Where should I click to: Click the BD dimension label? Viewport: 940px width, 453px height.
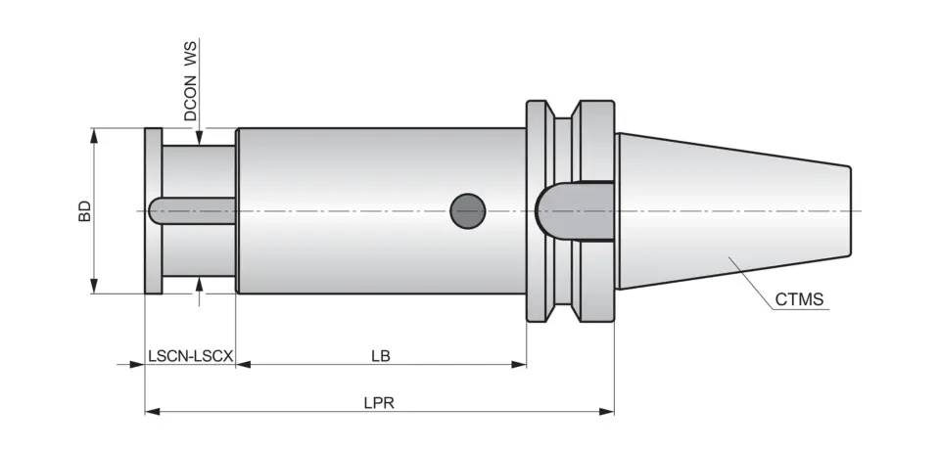pos(85,210)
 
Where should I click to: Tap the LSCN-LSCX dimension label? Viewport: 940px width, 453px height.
pos(190,356)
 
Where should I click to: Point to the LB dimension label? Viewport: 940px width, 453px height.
pos(381,356)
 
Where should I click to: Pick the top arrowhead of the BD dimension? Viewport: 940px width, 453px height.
pos(95,135)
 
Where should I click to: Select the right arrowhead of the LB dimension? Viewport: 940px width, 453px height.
pos(520,365)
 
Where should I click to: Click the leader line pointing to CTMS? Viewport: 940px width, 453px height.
pos(754,286)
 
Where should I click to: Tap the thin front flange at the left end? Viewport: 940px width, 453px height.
pos(154,210)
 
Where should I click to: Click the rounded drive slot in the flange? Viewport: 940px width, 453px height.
pos(573,210)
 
